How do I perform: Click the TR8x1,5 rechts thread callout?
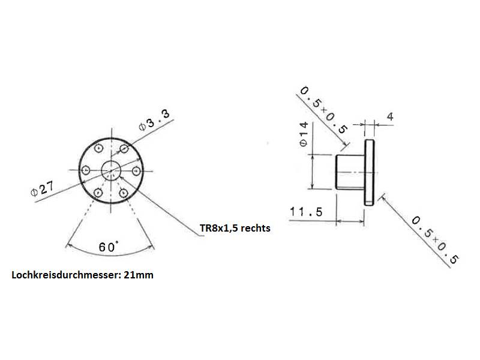point(235,228)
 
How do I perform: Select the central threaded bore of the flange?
point(111,170)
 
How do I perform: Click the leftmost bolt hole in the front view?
point(86,170)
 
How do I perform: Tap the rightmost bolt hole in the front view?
point(137,171)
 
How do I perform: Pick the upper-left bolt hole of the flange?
point(98,148)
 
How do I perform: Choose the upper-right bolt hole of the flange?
point(124,148)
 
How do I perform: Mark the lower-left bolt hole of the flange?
point(98,193)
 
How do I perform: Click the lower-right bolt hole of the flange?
point(124,193)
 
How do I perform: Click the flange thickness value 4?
point(390,116)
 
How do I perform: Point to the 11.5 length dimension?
point(306,212)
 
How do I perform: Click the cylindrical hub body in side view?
point(349,172)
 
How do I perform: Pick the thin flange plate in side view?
point(370,172)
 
